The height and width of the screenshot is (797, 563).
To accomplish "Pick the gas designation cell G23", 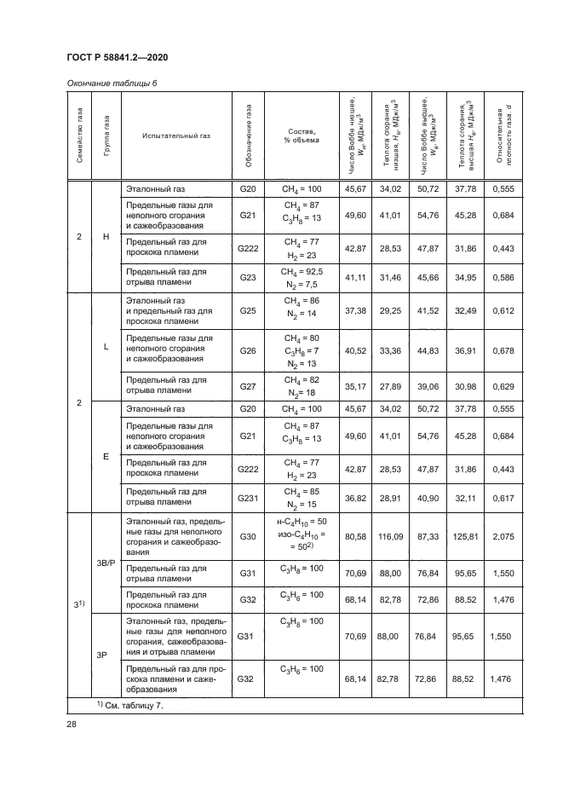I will tap(248, 278).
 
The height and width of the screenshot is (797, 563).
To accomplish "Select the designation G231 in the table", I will tap(248, 496).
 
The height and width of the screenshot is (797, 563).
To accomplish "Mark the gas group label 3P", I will tap(106, 655).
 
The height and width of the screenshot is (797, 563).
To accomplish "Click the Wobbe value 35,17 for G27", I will tap(354, 387).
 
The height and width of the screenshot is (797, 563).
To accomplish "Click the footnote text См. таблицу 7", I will tap(133, 706).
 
